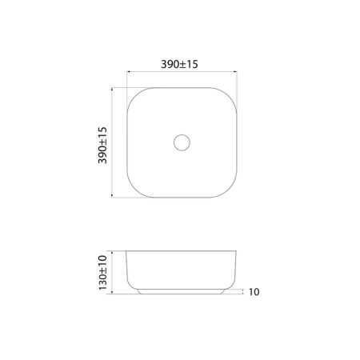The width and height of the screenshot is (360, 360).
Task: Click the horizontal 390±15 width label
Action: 181,64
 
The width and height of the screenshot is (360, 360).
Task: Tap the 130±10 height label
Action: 102,272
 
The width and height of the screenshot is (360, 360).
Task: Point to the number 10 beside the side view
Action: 254,293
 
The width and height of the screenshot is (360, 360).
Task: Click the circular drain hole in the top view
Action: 181,142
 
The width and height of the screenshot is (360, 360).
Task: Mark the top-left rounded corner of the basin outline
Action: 134,94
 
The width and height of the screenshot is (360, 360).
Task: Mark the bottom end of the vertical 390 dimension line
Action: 112,198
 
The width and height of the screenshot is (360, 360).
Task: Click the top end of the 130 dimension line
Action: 112,251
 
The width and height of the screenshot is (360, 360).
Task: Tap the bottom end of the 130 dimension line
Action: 112,293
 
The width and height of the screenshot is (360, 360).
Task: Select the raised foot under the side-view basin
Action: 181,290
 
